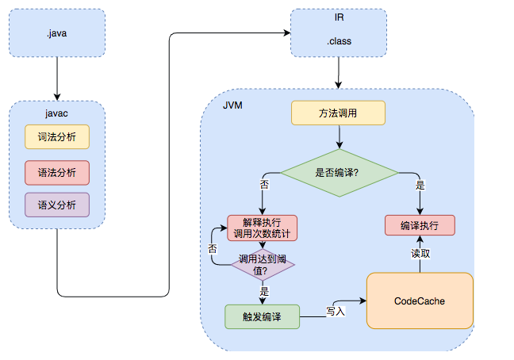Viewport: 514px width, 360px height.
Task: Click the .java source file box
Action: click(57, 33)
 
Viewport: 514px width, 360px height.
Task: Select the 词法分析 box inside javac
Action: click(57, 137)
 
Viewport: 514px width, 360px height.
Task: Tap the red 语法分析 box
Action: click(57, 171)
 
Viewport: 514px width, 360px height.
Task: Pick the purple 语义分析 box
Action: click(57, 205)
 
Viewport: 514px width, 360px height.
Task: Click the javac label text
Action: click(56, 113)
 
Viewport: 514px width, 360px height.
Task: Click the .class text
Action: click(339, 40)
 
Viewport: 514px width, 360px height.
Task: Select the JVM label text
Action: click(232, 105)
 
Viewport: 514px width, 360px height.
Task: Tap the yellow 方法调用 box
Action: click(338, 113)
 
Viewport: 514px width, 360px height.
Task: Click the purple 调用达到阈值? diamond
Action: click(262, 265)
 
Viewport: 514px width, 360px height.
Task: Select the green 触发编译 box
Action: click(262, 316)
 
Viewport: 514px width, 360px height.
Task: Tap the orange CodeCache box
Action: click(419, 301)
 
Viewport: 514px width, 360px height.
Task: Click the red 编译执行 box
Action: click(420, 225)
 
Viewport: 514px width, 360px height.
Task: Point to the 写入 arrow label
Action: click(336, 311)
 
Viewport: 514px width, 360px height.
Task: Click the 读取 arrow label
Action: click(420, 254)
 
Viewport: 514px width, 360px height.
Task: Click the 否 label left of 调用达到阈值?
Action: click(213, 248)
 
